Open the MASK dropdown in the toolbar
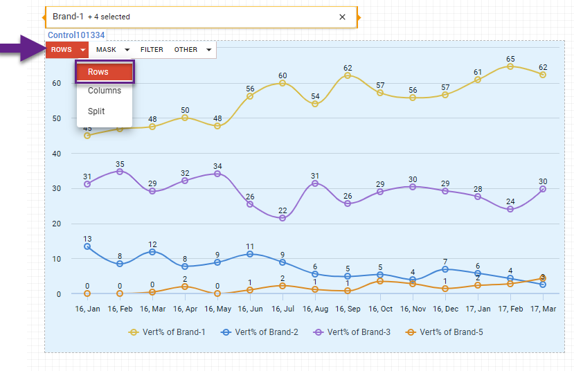(113, 50)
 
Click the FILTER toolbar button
(152, 50)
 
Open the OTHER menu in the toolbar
(192, 50)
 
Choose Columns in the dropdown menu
(105, 91)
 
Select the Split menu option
(97, 111)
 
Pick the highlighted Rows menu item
(105, 72)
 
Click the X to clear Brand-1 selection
(342, 17)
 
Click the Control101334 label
(75, 35)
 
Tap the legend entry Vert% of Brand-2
(260, 332)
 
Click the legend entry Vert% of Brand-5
(445, 332)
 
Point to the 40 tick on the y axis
(57, 154)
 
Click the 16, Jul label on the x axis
(282, 308)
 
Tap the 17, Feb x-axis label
(510, 308)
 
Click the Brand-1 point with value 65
(510, 66)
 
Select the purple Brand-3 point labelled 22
(282, 218)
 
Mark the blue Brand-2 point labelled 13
(87, 246)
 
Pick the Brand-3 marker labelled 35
(120, 172)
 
